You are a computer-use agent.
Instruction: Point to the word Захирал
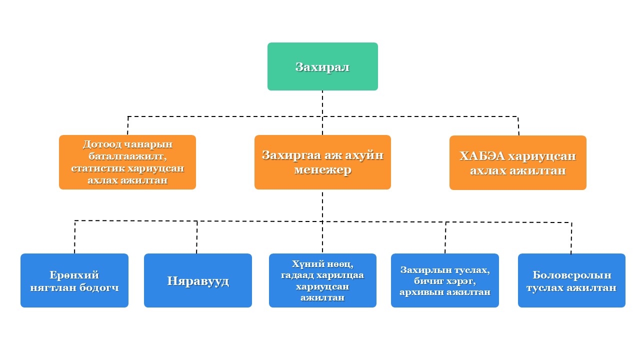click(x=322, y=67)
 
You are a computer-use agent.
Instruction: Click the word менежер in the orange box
click(x=322, y=170)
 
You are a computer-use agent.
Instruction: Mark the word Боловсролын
click(x=571, y=275)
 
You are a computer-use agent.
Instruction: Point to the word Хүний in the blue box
click(x=304, y=263)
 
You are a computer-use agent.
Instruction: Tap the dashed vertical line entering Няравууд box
click(x=197, y=237)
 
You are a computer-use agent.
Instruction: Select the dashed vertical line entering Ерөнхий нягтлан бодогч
click(x=75, y=237)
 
